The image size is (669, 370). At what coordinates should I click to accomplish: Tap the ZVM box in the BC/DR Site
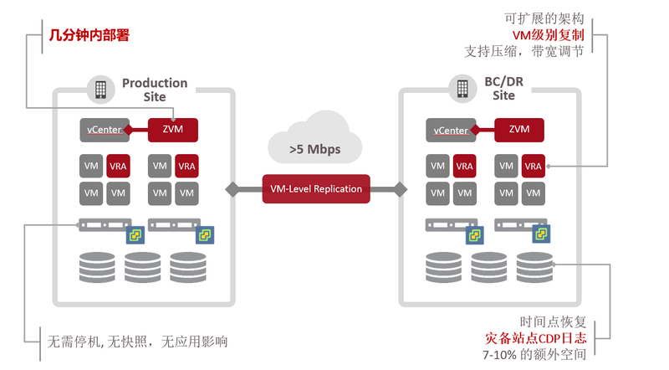pos(518,130)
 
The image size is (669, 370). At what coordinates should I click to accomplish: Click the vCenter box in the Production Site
pos(102,130)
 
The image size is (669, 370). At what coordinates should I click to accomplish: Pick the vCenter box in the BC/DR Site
pos(450,130)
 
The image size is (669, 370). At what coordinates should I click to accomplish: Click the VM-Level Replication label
pos(316,188)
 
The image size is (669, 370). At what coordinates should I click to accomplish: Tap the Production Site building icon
pos(101,89)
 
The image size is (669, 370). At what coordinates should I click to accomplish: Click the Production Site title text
pos(155,90)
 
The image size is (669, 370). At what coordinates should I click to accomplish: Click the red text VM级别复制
pos(548,34)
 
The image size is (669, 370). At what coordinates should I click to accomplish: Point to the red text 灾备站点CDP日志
pos(535,338)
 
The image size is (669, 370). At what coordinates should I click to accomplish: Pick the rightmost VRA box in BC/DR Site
pos(533,166)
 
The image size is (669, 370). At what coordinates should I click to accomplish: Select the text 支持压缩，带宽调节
pos(524,51)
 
